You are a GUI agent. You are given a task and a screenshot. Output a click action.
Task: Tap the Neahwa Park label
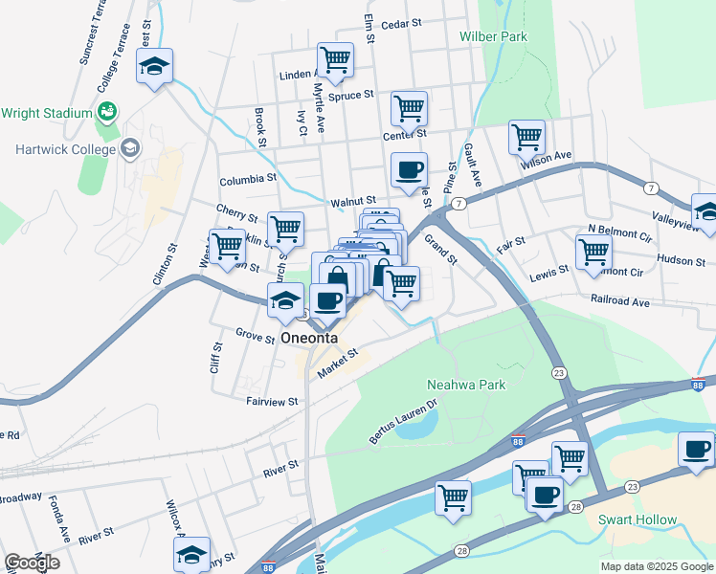click(x=463, y=385)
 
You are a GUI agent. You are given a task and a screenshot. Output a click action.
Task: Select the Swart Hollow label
click(x=638, y=520)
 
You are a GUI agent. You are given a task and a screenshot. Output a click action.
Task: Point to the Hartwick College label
click(x=65, y=149)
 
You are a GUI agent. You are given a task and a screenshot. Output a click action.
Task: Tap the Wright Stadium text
click(x=45, y=113)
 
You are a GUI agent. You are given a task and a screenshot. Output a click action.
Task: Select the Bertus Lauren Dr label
click(x=403, y=423)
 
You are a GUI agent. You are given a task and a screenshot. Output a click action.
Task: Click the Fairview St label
click(x=273, y=402)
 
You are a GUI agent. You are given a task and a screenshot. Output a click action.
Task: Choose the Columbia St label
click(x=247, y=179)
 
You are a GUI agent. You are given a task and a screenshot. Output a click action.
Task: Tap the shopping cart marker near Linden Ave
click(x=335, y=61)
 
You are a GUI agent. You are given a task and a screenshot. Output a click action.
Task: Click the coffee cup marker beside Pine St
click(x=409, y=171)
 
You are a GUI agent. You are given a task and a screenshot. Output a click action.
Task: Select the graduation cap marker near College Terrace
click(x=154, y=68)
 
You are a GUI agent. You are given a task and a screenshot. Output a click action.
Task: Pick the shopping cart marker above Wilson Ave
click(x=526, y=138)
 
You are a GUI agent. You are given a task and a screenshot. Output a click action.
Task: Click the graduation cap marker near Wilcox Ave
click(x=191, y=555)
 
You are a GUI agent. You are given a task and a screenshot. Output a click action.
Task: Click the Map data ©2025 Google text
click(x=657, y=566)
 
